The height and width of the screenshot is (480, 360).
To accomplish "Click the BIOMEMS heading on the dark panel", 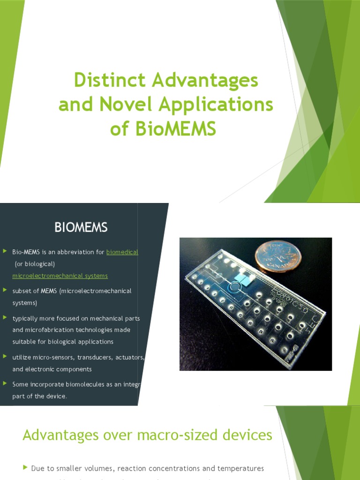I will tap(81, 228).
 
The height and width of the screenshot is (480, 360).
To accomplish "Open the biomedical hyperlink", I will tap(122, 252).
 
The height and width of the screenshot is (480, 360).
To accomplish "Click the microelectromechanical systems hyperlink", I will tap(60, 276).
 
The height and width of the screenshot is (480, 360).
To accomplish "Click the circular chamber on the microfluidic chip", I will tap(232, 287).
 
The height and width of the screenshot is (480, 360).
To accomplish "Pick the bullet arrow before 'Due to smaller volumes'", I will tap(25, 468).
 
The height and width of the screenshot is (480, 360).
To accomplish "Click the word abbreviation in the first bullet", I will tap(75, 252).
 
